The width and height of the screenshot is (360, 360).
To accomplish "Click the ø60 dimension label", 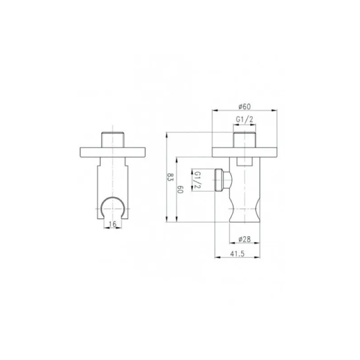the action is tap(244, 107).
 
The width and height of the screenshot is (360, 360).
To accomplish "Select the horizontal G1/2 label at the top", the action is tap(244, 119).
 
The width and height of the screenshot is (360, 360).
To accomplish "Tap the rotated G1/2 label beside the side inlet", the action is tap(197, 180).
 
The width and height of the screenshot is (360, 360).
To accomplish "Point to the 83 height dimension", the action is tap(170, 177).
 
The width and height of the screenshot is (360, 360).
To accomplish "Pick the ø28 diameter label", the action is tap(244, 239).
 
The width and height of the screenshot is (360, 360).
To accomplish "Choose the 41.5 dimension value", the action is tap(238, 254).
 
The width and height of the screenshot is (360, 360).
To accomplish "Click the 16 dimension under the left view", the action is tap(112, 224).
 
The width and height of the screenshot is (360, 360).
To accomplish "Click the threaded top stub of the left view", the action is tap(112, 140).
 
